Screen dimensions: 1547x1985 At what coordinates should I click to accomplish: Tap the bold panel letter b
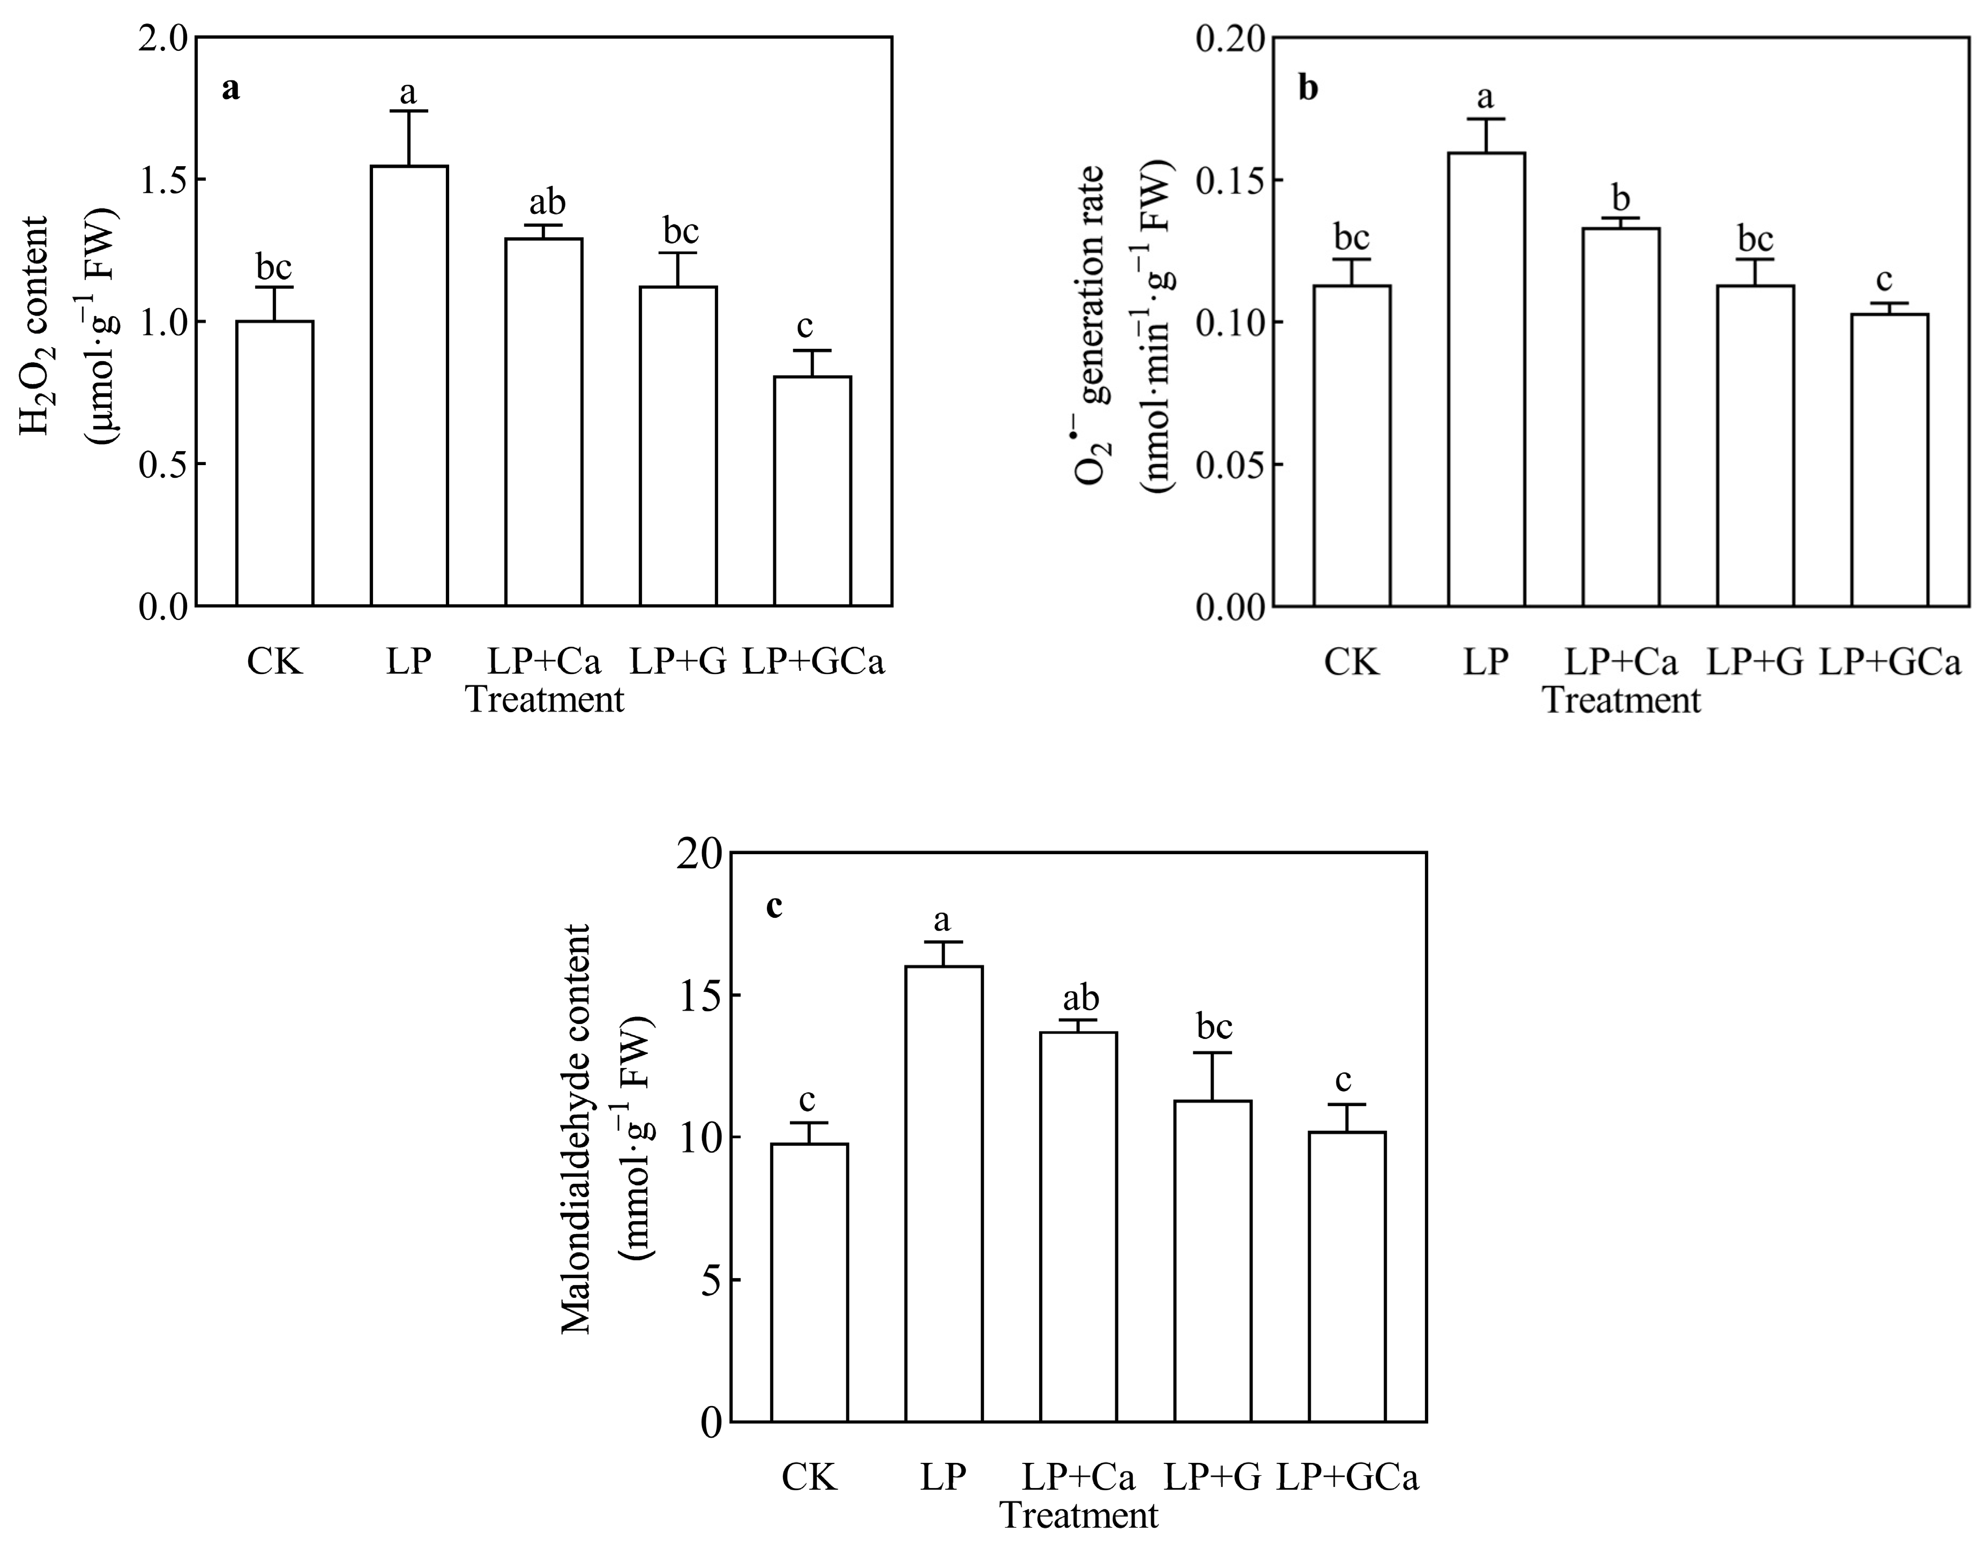point(1308,88)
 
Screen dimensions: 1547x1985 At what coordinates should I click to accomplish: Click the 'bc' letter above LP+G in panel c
point(1214,1027)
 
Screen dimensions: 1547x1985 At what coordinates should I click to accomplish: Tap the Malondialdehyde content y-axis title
point(576,1129)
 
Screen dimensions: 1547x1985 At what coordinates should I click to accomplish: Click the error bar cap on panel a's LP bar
point(409,111)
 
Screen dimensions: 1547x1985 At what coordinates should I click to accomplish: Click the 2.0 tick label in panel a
point(163,38)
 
